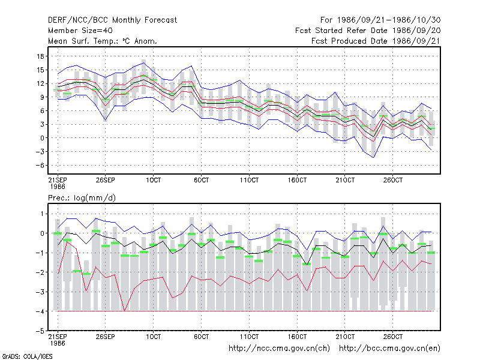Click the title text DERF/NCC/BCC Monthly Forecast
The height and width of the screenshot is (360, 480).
point(112,20)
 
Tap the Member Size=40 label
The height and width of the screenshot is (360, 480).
point(80,31)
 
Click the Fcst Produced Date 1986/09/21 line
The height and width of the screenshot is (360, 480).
point(376,41)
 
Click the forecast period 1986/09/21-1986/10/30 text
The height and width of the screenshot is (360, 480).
point(380,20)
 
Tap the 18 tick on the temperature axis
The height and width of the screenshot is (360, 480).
point(40,56)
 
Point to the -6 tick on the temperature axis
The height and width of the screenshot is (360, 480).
point(39,166)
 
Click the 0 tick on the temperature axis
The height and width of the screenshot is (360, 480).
point(42,138)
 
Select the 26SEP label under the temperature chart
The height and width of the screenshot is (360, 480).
point(106,180)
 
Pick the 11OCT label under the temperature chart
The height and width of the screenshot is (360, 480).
point(249,180)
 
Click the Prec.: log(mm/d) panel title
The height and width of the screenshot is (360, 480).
point(82,198)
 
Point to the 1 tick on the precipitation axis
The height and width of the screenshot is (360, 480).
point(42,214)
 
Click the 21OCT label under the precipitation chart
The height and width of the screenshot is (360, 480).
point(345,337)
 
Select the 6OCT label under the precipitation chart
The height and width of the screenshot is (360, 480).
point(202,337)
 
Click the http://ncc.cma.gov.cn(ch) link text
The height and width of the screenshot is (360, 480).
point(279,349)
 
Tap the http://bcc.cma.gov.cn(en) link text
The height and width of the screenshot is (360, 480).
point(389,349)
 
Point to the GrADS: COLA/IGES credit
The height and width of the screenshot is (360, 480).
point(27,356)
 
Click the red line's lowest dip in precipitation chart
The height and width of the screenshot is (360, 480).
point(124,310)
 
